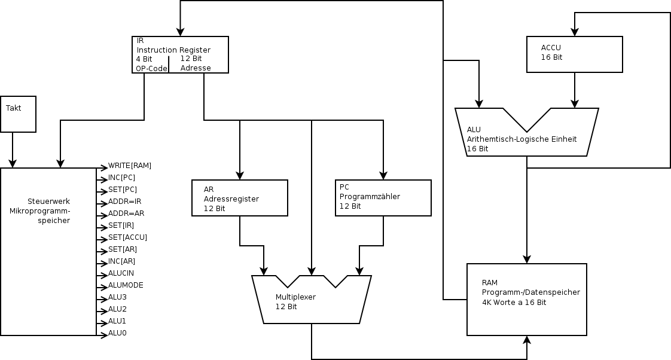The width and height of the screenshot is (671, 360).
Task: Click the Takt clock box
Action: click(18, 114)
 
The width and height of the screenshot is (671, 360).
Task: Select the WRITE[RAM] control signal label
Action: click(129, 166)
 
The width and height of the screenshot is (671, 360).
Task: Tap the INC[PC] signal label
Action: click(121, 178)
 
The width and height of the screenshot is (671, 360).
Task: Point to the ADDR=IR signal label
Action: click(124, 202)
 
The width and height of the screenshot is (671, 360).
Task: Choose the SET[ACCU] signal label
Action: click(127, 237)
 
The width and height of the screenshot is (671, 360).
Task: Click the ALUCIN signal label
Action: click(121, 273)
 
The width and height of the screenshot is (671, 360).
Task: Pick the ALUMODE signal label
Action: click(126, 285)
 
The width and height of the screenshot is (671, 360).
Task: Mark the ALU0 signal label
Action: click(117, 333)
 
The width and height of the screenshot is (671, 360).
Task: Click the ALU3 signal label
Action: click(117, 297)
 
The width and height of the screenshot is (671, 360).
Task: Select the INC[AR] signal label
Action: click(121, 261)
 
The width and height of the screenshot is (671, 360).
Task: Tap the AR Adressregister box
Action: click(239, 198)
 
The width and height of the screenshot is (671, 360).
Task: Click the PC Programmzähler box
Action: click(383, 198)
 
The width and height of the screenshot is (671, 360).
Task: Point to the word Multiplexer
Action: click(295, 297)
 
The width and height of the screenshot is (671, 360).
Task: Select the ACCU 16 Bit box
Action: click(574, 54)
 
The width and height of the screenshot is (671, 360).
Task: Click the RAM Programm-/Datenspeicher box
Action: click(526, 299)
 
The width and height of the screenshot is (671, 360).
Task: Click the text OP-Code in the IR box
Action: click(151, 68)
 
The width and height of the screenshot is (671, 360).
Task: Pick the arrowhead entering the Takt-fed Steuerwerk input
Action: click(13, 164)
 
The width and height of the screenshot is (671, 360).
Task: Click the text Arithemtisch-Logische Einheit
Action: click(521, 139)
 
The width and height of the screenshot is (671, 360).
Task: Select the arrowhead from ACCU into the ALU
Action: click(575, 104)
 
